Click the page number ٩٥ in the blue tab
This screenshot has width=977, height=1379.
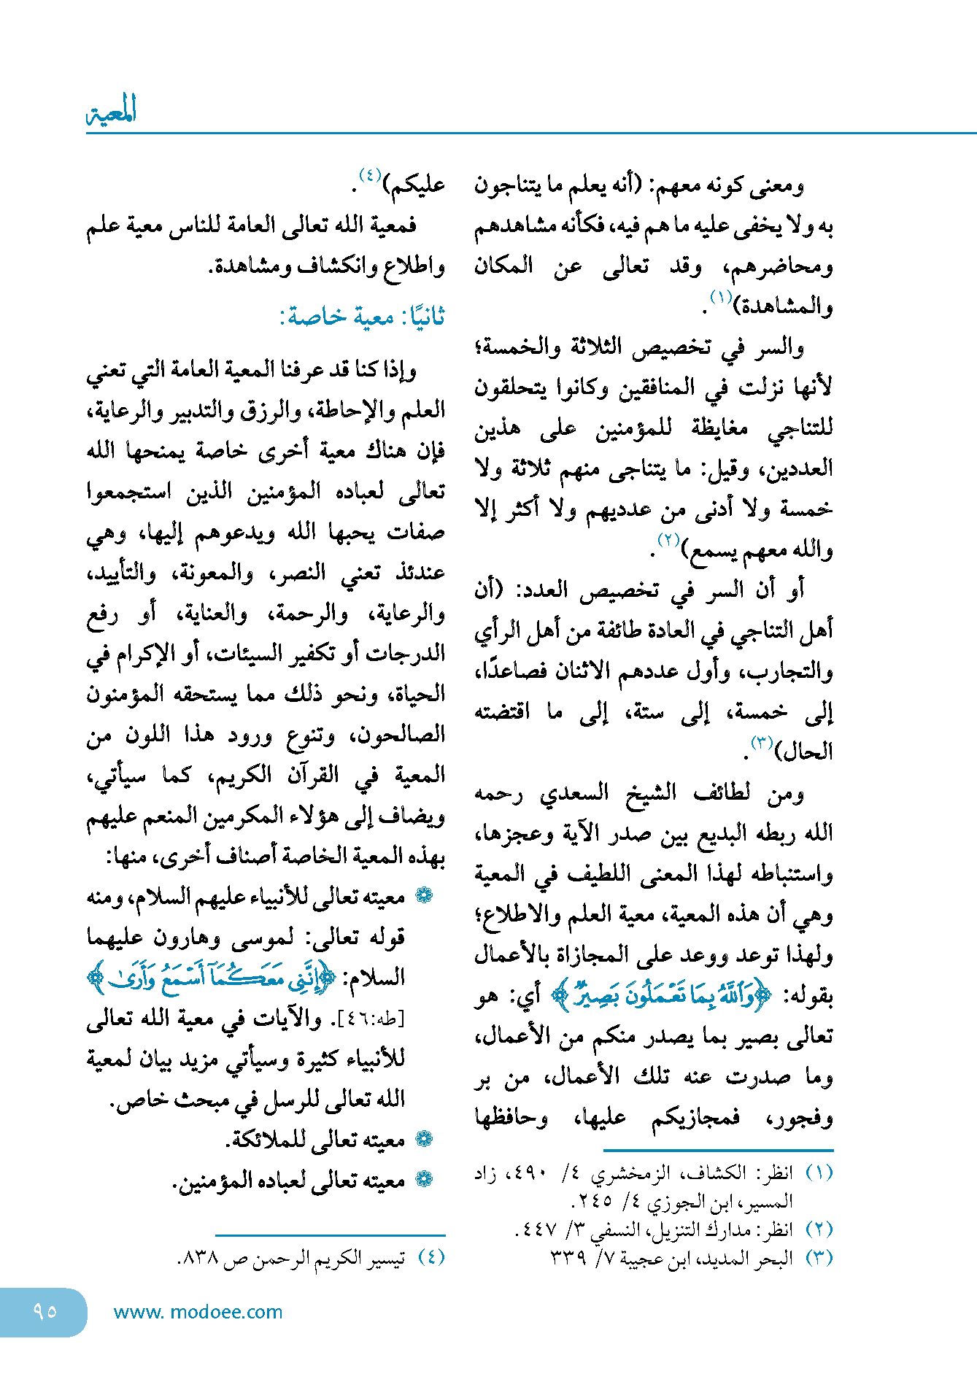point(45,1311)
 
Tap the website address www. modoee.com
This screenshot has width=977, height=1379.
point(198,1312)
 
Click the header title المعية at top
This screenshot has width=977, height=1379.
point(112,111)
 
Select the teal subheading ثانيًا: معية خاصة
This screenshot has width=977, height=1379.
point(362,317)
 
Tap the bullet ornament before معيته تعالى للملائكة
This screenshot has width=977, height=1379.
point(423,1139)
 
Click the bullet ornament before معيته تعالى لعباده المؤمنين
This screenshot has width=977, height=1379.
point(423,1179)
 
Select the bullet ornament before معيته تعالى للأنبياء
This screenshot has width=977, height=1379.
point(423,895)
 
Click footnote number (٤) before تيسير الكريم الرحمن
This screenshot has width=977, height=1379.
point(430,1256)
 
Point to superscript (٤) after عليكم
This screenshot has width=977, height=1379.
point(369,175)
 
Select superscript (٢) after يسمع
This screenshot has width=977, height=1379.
point(668,540)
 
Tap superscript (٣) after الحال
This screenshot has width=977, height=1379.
point(762,742)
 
